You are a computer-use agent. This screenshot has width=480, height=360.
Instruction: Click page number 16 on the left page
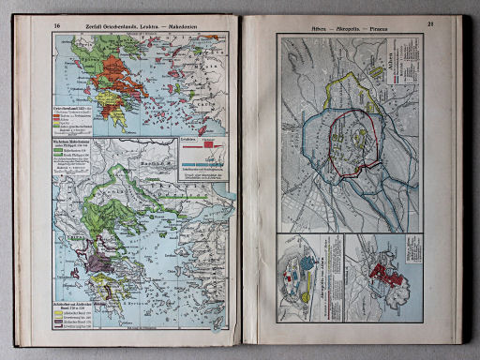tap(58, 26)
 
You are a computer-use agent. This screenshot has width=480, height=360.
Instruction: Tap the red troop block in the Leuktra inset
tap(207, 150)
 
